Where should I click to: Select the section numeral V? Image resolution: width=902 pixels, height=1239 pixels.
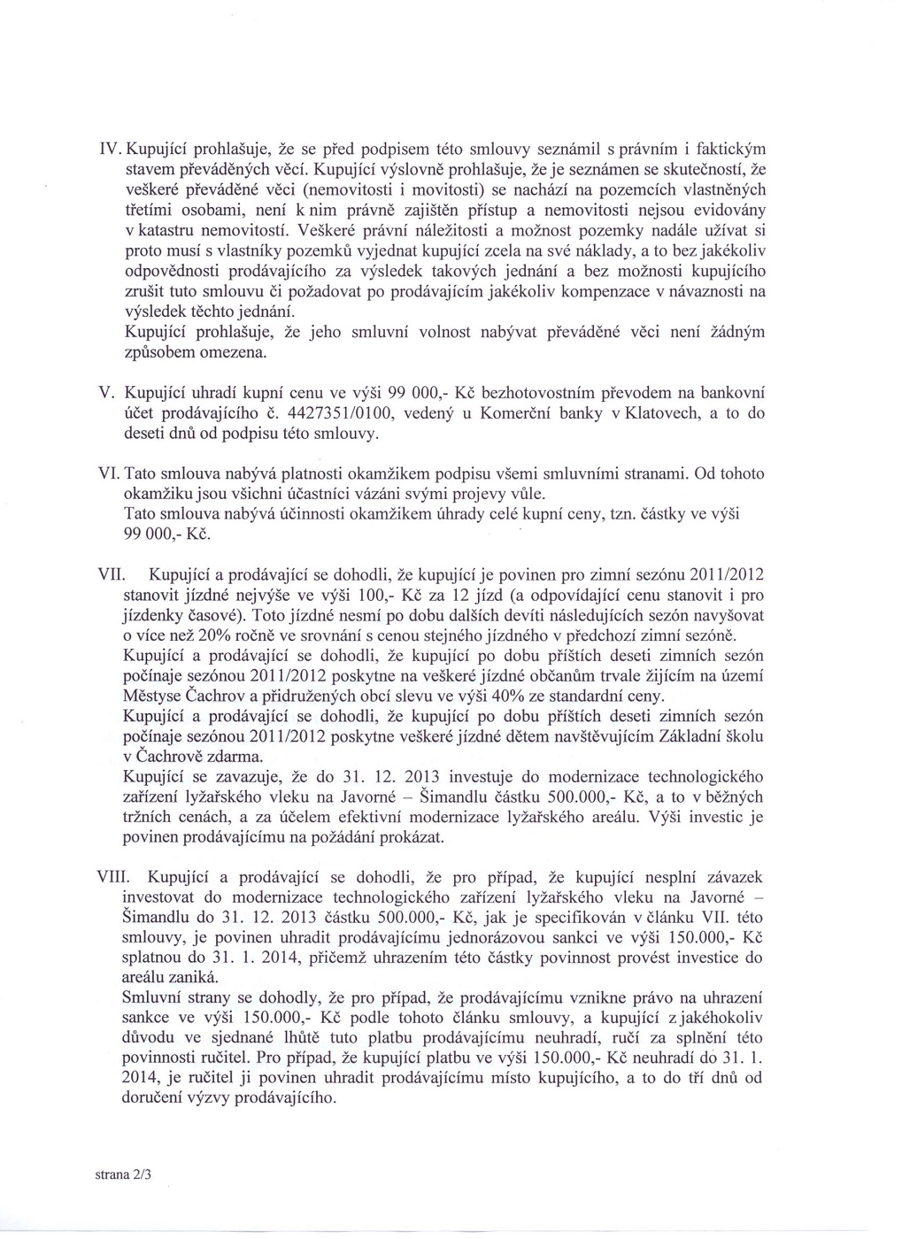pyautogui.click(x=103, y=392)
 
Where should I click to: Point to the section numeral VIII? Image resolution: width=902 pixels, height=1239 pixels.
pyautogui.click(x=113, y=877)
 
